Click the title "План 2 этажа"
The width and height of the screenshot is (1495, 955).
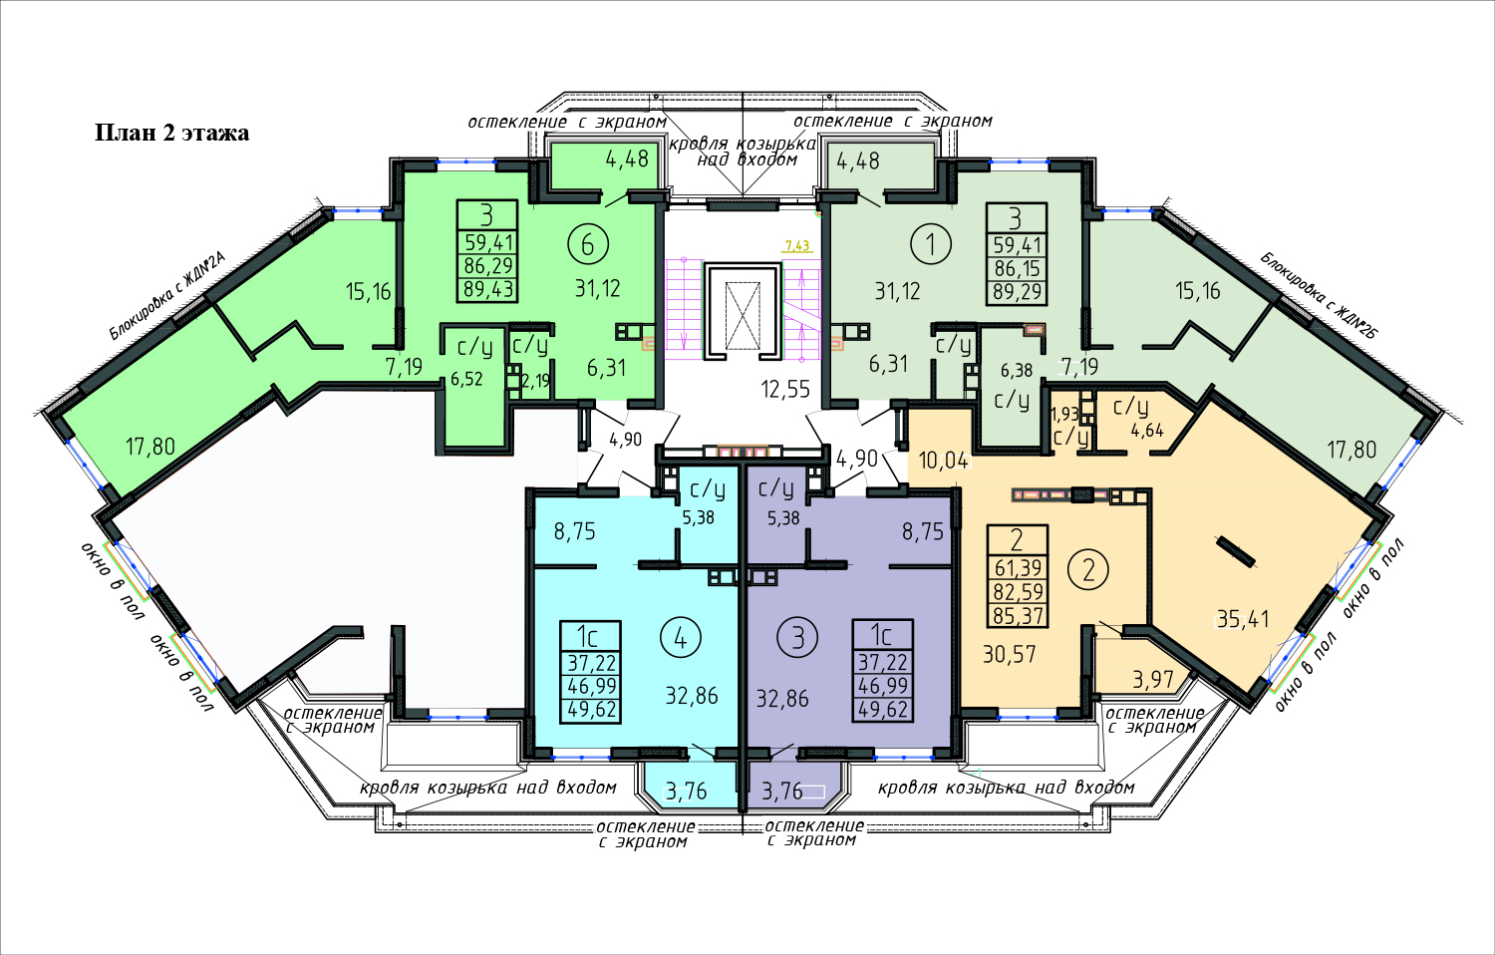[x=172, y=133]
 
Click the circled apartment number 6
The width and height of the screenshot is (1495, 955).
[x=587, y=244]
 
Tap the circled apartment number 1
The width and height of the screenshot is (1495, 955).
[x=931, y=243]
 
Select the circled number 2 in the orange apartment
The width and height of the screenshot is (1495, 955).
[x=1088, y=570]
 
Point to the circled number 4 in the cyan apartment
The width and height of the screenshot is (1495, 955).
[x=680, y=639]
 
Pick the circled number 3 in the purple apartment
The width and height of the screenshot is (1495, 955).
[x=797, y=639]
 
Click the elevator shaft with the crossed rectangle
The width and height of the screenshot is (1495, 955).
[x=743, y=316]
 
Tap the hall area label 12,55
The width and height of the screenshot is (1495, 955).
[x=785, y=389]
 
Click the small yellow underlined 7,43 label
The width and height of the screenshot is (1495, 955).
[x=797, y=246]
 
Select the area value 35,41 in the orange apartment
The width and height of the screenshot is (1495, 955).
[x=1243, y=619]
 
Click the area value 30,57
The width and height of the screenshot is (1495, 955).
[x=1009, y=654]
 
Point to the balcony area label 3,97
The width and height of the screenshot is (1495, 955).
[x=1152, y=680]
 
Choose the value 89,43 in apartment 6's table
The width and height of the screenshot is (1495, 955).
[x=488, y=290]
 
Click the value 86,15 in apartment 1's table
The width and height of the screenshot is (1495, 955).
[x=1018, y=268]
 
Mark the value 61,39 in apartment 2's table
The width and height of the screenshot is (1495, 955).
[x=1018, y=568]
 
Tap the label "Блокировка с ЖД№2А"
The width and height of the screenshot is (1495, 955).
[x=168, y=296]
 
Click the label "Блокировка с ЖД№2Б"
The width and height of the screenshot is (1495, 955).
[x=1319, y=296]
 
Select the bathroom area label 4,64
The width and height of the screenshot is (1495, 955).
[x=1147, y=431]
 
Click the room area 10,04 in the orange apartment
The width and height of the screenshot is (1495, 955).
[x=943, y=461]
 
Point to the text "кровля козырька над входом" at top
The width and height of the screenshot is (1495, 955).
[x=743, y=152]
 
